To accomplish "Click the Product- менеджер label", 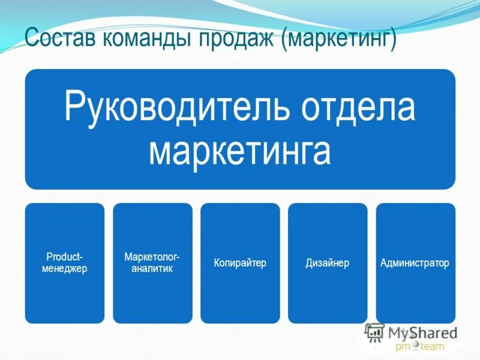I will (x=65, y=263).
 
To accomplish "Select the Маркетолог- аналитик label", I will (x=152, y=263).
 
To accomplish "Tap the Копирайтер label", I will (x=240, y=263).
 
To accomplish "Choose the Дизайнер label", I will (x=328, y=263).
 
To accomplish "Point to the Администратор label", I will (x=415, y=263).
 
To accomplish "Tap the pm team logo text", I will (x=419, y=346).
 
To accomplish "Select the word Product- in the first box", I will (x=65, y=257).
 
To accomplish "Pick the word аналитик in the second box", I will (x=152, y=269).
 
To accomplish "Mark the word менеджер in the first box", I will (x=65, y=269).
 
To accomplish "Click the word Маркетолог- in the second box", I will (x=152, y=257).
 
